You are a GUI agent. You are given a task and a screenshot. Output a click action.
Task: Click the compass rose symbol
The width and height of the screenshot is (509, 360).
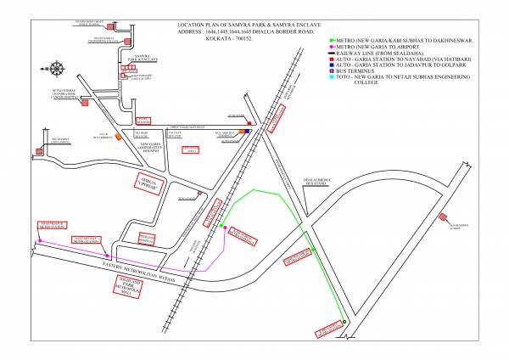point(57,67)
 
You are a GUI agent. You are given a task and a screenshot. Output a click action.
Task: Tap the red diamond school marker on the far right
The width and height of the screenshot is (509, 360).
point(443,217)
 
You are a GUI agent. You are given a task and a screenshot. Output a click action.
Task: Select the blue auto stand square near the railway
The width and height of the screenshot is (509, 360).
point(249,132)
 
